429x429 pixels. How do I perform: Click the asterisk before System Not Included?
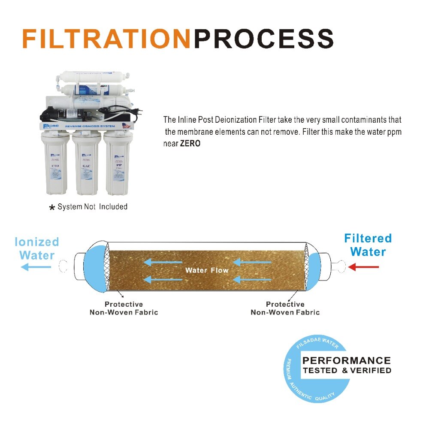pyautogui.click(x=52, y=208)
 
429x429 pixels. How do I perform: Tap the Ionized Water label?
pyautogui.click(x=37, y=248)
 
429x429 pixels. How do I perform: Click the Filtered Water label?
pyautogui.click(x=368, y=245)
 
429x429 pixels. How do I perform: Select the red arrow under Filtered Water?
pyautogui.click(x=363, y=267)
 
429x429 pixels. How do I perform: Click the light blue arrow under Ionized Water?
pyautogui.click(x=36, y=267)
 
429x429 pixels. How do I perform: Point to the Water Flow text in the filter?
pyautogui.click(x=207, y=270)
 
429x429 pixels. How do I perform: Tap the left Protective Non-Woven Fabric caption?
pyautogui.click(x=124, y=308)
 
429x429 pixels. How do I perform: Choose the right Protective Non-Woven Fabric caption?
pyautogui.click(x=285, y=308)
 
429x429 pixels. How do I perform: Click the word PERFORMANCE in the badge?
pyautogui.click(x=347, y=360)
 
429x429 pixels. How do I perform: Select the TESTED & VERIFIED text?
pyautogui.click(x=347, y=370)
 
